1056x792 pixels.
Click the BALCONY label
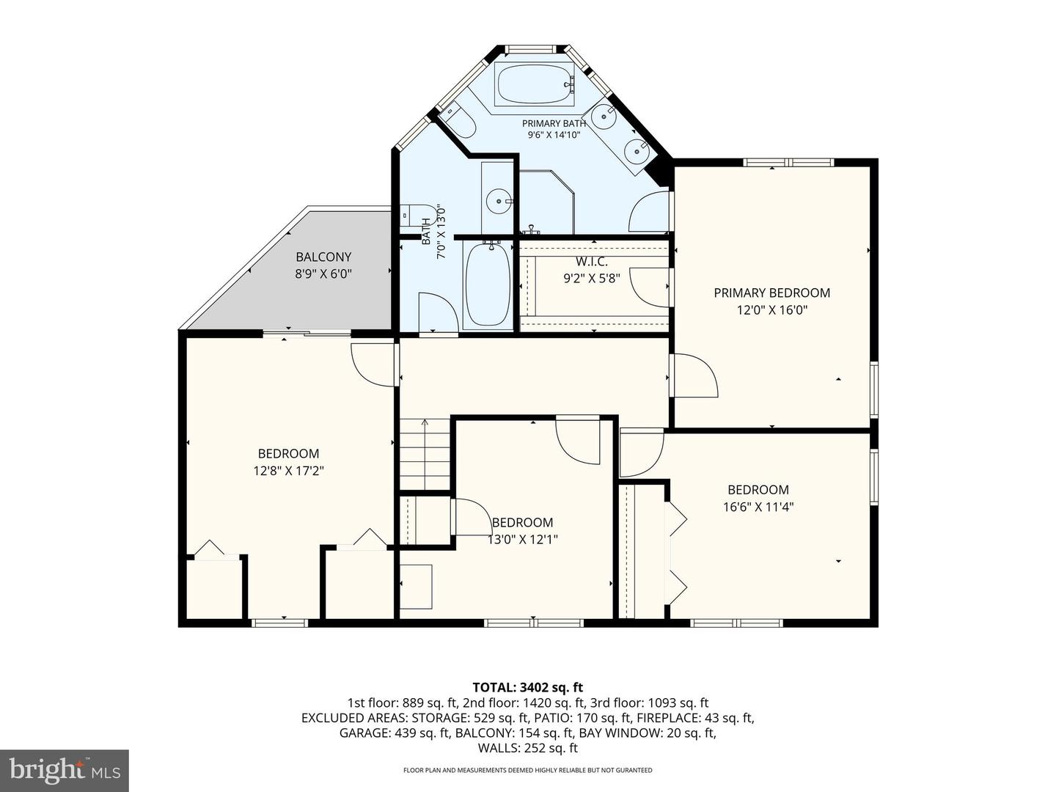coord(323,257)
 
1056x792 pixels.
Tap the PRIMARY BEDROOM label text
coord(771,293)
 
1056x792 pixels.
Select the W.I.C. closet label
coord(592,262)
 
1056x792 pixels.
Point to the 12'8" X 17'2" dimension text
coord(289,471)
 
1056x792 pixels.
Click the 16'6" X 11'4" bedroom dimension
coord(758,507)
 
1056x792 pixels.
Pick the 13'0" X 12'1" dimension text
coord(522,540)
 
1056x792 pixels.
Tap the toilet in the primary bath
coord(459,120)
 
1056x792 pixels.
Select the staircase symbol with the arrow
coord(425,455)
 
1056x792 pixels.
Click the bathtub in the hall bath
coord(488,285)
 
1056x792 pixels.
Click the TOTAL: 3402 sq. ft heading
coord(528,688)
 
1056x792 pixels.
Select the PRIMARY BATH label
coord(554,124)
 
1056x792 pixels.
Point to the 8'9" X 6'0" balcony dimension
coord(323,274)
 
